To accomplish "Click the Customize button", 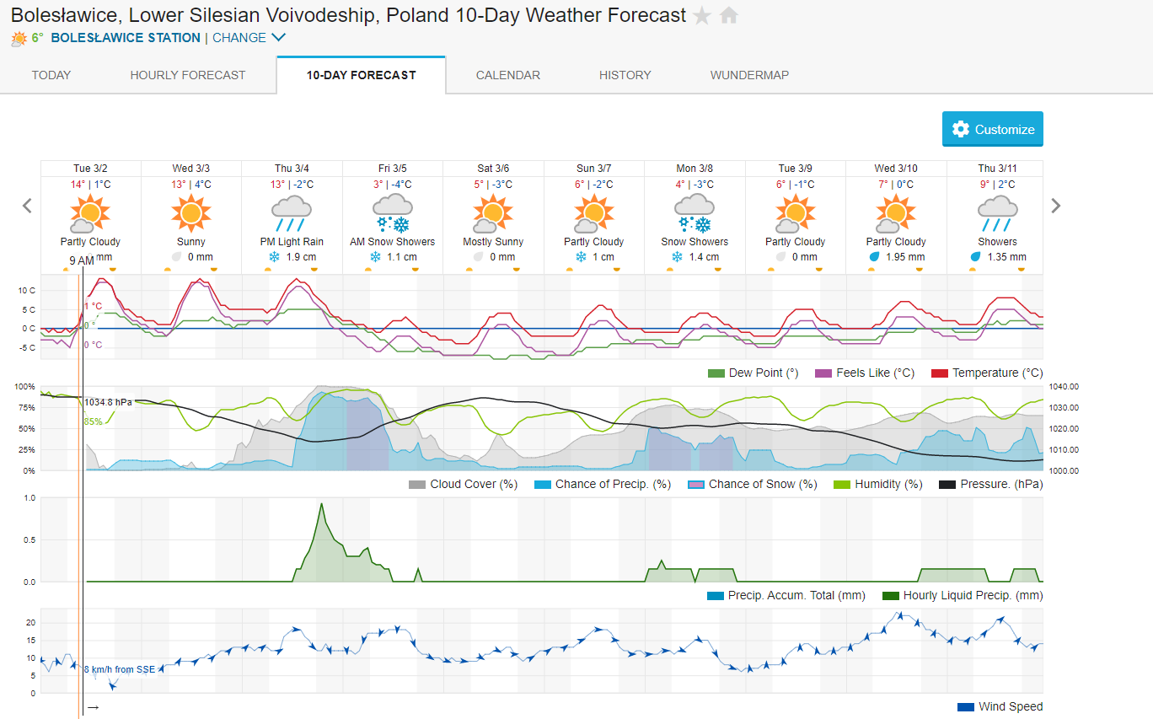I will click(992, 129).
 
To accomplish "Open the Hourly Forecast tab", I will click(188, 75).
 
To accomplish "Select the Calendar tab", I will click(508, 75).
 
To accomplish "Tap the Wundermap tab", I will click(749, 75).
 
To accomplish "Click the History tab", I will click(625, 75).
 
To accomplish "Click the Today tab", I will click(51, 75).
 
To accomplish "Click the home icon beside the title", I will click(729, 15).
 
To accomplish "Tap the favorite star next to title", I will click(702, 15).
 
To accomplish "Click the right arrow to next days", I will click(1056, 206).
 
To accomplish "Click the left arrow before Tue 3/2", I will click(27, 206).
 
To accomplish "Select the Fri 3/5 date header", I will click(393, 169).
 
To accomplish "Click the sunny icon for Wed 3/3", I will click(191, 212).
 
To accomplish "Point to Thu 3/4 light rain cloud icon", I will click(292, 212).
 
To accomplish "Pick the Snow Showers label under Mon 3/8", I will click(694, 242).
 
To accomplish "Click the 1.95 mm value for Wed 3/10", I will click(904, 257).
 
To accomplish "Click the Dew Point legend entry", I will click(753, 373).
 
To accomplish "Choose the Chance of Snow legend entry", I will click(753, 484).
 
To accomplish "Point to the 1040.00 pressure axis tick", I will click(1064, 386).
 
